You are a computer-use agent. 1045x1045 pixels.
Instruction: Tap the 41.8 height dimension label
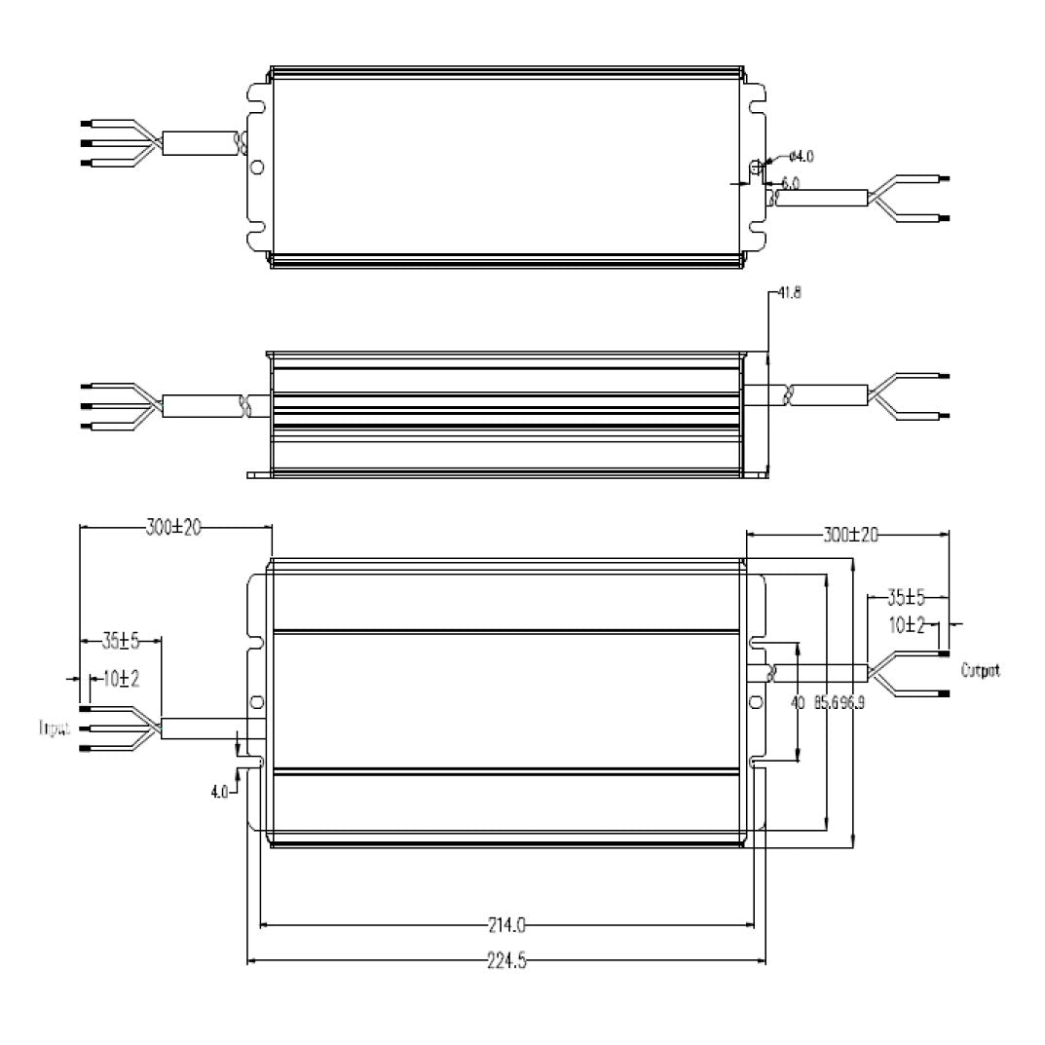pos(789,292)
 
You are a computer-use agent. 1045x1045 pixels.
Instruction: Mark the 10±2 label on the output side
pos(911,626)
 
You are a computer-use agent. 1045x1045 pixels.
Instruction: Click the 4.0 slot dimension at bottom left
pos(220,792)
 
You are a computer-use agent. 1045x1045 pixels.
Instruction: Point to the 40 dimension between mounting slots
pos(799,701)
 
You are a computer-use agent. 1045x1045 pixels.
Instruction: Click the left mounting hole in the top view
pos(256,167)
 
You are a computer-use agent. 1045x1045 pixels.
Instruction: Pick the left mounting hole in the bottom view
pos(256,701)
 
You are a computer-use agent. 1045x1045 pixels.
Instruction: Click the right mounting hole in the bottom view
pos(753,701)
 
